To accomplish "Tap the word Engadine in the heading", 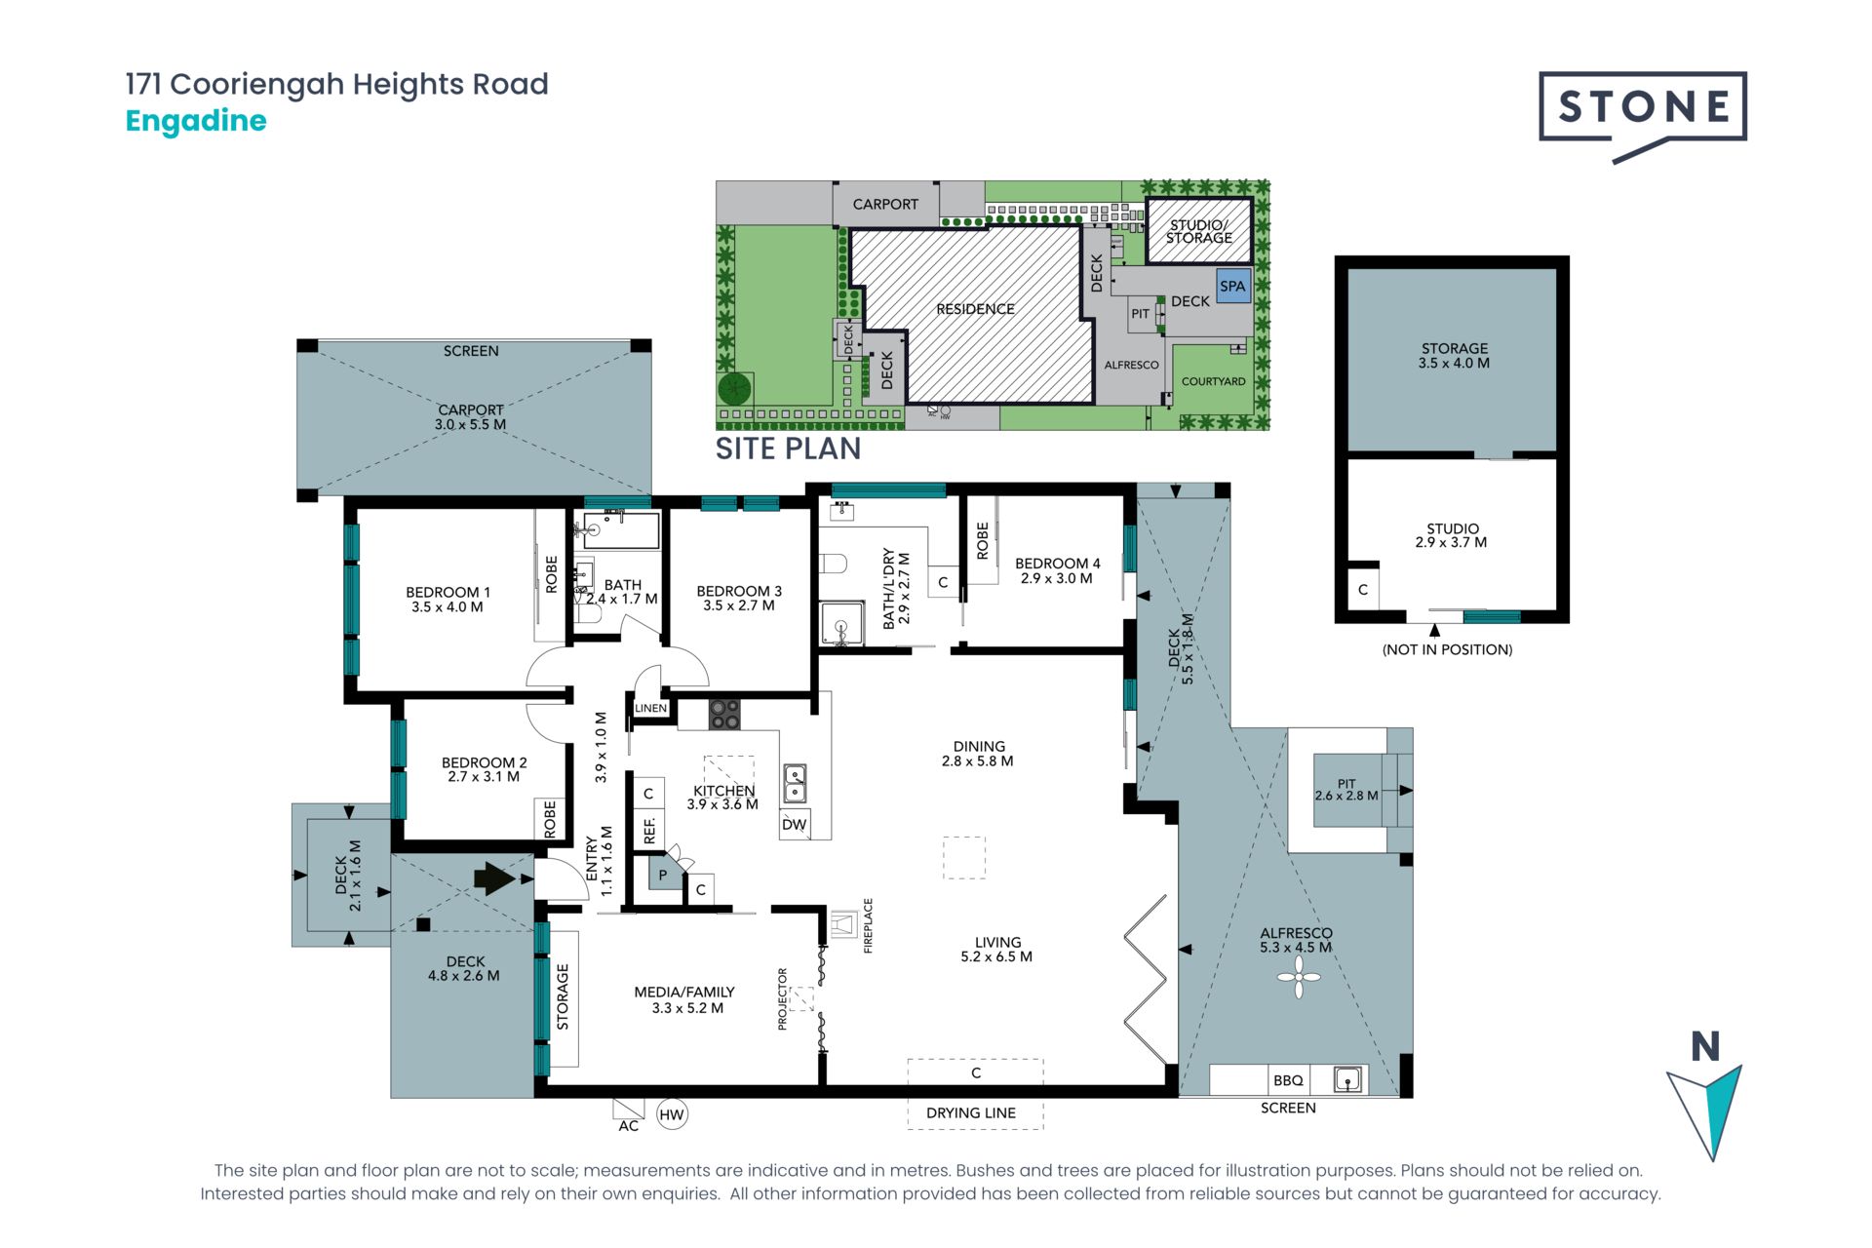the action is (196, 121).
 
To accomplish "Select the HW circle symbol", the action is (672, 1114).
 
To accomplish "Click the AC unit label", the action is (629, 1126).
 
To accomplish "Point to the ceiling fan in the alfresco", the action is (1299, 977).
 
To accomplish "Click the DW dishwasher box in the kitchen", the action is (795, 824).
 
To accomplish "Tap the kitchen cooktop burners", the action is (724, 715).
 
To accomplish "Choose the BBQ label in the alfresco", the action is (1288, 1080).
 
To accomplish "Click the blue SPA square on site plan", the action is (1233, 287).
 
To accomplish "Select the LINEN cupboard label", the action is (651, 708).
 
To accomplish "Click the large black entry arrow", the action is (494, 878).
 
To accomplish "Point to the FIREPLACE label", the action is (868, 925).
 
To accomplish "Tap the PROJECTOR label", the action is (782, 998).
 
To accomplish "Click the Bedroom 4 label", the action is (1057, 570).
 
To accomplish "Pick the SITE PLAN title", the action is (788, 448).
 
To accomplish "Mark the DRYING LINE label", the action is (971, 1112).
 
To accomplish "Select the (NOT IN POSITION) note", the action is (1447, 649).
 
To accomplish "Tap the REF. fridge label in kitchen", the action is (649, 831).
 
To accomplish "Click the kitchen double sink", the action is (796, 783).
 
